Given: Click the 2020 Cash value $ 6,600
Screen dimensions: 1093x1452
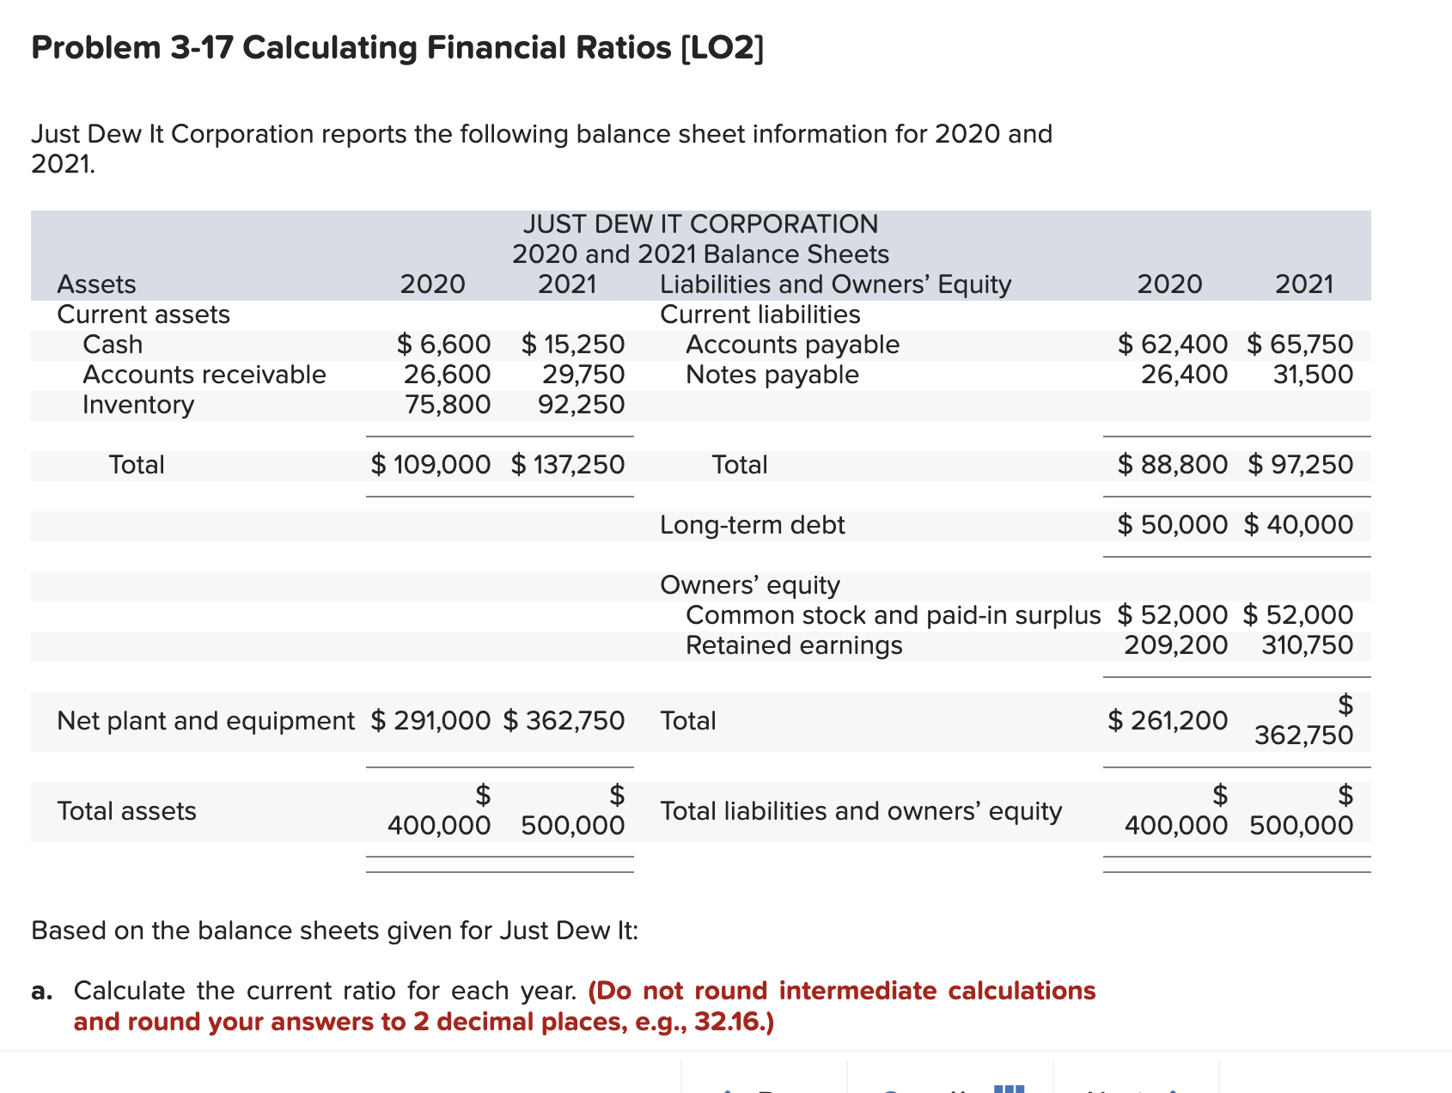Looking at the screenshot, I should coord(444,345).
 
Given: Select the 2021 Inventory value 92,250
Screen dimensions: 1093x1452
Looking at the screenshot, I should coord(581,405).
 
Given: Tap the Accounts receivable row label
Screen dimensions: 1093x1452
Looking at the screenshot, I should coord(204,375).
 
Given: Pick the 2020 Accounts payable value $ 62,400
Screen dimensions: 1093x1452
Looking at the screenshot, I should coord(1173,345).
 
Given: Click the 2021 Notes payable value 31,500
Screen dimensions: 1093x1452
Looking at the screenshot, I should coord(1313,375).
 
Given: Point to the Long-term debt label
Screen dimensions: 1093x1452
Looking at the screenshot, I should coord(752,525).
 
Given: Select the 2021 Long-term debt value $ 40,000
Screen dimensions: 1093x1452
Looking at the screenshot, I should coord(1298,525).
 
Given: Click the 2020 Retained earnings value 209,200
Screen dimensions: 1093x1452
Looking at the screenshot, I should coord(1175,645).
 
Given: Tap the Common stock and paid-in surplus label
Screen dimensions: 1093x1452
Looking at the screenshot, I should coord(893,615).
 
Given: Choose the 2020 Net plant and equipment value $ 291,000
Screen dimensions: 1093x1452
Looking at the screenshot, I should coord(430,720).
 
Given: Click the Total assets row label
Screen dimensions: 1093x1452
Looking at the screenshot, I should coord(126,811).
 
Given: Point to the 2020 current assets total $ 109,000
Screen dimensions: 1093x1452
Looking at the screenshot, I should coord(430,465).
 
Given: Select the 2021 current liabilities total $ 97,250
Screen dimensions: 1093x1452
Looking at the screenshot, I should coord(1300,465).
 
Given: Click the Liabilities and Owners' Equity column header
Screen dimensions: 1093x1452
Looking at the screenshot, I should coord(835,284).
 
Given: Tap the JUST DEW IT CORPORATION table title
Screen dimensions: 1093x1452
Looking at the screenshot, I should coord(700,224).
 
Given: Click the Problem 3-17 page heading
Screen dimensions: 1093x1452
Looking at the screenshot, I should coord(397,47).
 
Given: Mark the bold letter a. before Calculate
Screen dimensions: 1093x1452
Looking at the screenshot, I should coord(41,992).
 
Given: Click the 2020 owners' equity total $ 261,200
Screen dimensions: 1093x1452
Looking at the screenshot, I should coord(1168,720).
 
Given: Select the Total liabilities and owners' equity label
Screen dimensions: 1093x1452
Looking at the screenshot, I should coord(861,811).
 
